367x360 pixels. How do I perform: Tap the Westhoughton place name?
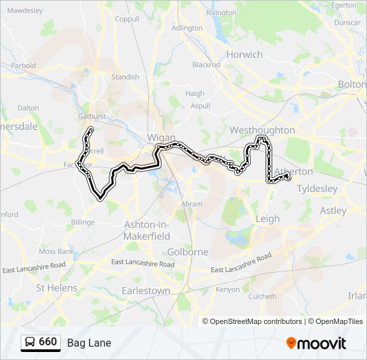coord(262,130)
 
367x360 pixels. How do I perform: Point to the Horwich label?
coord(244,54)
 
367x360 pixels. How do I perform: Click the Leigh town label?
coord(268,218)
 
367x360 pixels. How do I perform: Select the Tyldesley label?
coord(317,189)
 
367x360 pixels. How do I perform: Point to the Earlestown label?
coord(145,291)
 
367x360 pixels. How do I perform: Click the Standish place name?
coord(125,77)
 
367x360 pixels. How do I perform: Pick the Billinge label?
coord(83,222)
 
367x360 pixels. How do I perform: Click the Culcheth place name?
coord(262,296)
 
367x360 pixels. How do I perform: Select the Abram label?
coord(191,204)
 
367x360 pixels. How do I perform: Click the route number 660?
coord(48,342)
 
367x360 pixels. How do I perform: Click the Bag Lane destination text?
coord(89,343)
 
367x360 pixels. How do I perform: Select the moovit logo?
coord(316,343)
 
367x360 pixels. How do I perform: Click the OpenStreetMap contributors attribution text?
coord(254,321)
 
